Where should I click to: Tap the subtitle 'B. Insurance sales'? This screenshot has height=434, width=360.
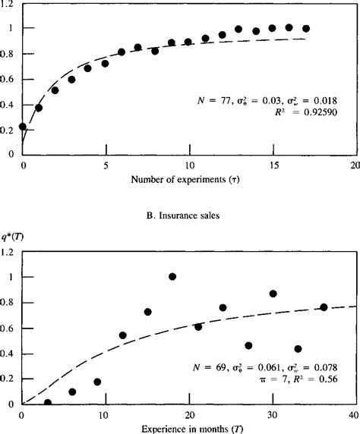180,215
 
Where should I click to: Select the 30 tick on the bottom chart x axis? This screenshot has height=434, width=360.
272,415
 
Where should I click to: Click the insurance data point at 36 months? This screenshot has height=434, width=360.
323,307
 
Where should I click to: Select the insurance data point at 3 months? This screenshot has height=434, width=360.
48,402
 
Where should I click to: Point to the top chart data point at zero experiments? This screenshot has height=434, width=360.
23,127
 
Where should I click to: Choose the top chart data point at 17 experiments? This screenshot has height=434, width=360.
306,29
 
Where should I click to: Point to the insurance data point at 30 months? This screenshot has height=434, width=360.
273,294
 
